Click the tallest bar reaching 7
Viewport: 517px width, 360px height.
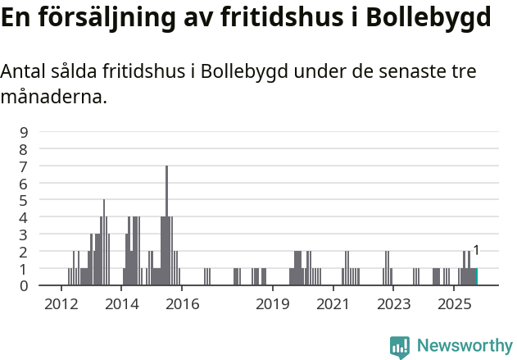[166, 226]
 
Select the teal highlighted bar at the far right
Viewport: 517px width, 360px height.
[476, 276]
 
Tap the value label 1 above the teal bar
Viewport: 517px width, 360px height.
[476, 251]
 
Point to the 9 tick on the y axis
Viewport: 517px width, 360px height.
[24, 132]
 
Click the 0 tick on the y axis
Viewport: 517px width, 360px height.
[24, 285]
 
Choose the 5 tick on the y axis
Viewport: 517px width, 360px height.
[24, 200]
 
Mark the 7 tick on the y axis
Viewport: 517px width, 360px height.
[24, 166]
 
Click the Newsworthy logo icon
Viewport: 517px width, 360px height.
[400, 347]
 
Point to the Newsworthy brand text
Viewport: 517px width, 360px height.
[464, 346]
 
